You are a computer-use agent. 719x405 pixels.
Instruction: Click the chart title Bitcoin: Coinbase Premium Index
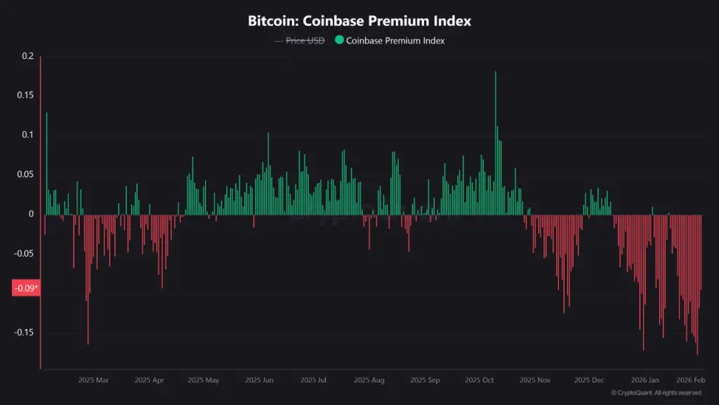tap(359, 21)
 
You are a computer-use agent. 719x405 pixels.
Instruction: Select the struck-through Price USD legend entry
tap(305, 40)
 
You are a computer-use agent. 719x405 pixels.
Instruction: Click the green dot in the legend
tap(339, 40)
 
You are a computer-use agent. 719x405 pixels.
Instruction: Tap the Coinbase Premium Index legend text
tap(395, 40)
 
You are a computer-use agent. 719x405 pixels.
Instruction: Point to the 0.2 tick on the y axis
tap(27, 56)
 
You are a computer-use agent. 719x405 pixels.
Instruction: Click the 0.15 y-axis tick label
tap(25, 95)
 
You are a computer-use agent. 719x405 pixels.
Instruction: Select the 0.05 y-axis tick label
tap(25, 174)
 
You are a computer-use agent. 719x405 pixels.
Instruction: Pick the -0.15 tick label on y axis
tap(24, 332)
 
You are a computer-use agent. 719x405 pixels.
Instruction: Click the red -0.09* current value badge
tap(26, 288)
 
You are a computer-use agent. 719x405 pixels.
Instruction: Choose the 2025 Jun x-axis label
tap(259, 380)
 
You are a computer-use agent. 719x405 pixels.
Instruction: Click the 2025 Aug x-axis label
tap(369, 380)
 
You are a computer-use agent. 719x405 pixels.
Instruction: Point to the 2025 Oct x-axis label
tap(480, 380)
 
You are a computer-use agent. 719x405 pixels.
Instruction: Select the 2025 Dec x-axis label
tap(589, 380)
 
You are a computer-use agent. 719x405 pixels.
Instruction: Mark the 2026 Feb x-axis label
tap(690, 380)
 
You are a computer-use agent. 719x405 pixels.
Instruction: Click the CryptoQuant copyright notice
tap(656, 393)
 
